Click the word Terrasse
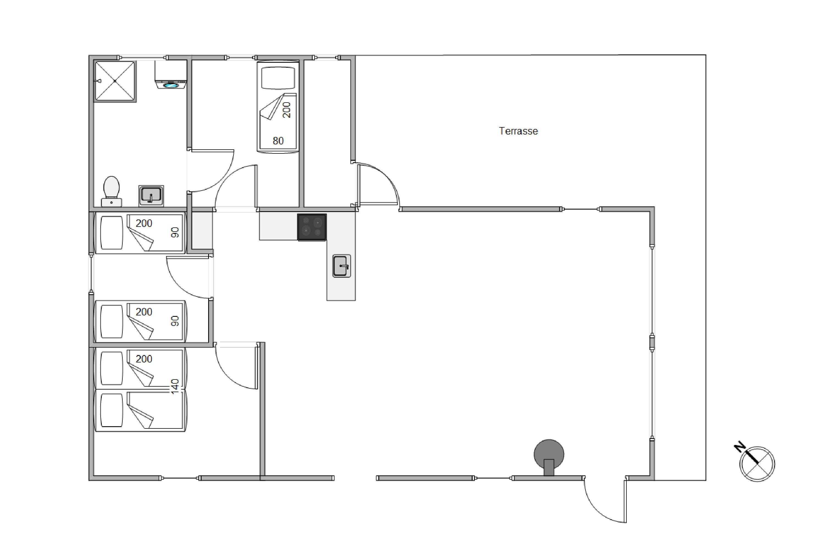tap(518, 131)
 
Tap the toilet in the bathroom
tap(112, 191)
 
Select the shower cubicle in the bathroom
tap(115, 81)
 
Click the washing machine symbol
tap(171, 74)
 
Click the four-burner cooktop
tap(312, 227)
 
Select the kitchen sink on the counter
tap(341, 266)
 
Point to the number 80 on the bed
tap(278, 141)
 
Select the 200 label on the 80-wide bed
tap(287, 110)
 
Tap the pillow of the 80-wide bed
tap(278, 78)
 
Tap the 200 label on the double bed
tap(144, 359)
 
